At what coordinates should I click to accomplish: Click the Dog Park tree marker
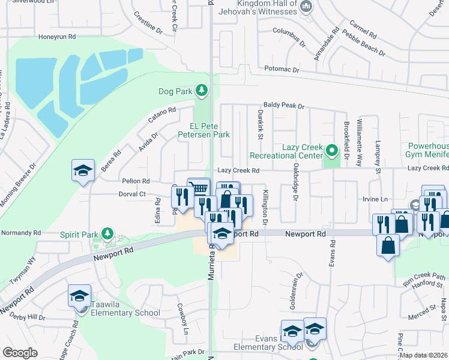[202, 91]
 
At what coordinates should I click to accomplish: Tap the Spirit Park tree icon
[107, 233]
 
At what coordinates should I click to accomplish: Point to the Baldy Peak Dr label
[283, 106]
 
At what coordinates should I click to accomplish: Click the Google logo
[20, 353]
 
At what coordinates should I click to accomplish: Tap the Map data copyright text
[423, 355]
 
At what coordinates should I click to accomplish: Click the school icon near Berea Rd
[83, 170]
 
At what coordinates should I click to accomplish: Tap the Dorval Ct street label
[133, 194]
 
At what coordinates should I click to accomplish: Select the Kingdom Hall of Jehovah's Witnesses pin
[306, 7]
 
